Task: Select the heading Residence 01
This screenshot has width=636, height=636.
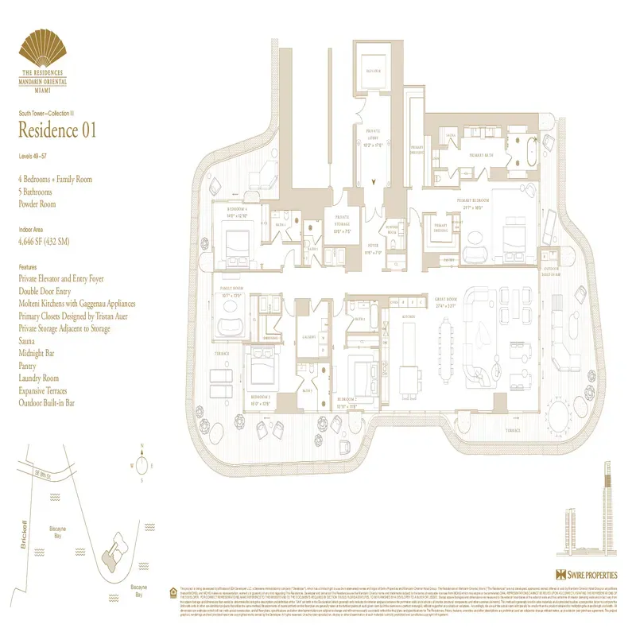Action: [x=57, y=130]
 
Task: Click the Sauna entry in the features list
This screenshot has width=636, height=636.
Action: [x=29, y=341]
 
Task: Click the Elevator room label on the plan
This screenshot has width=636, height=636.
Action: [x=374, y=71]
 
